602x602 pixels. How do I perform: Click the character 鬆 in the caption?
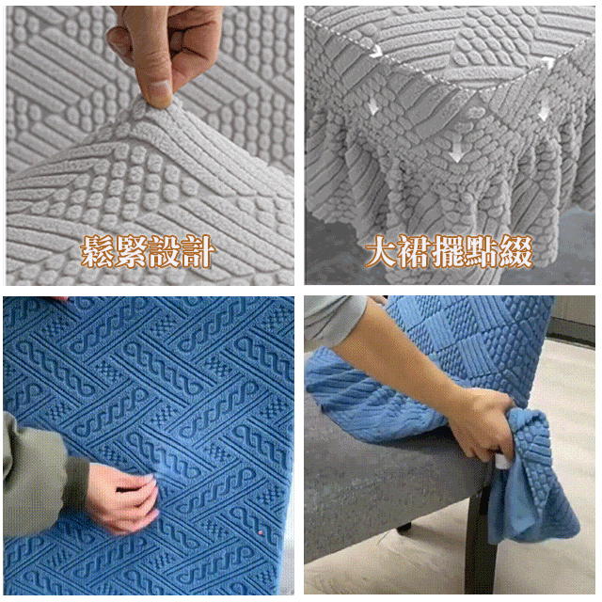click(98, 251)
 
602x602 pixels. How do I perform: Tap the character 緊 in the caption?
click(131, 251)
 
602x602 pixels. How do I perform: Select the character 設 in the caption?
click(164, 251)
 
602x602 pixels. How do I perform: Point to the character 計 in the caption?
click(197, 251)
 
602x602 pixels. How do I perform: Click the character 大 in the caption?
click(381, 251)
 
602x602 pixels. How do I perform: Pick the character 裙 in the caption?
click(414, 251)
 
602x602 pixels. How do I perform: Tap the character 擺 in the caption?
click(448, 251)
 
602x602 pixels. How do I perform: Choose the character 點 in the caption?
click(482, 251)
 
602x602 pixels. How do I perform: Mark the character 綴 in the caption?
click(515, 251)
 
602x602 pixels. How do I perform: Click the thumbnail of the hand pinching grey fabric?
click(150, 146)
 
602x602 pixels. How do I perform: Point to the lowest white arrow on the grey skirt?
click(455, 155)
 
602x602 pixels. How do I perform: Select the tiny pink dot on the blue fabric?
click(261, 532)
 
